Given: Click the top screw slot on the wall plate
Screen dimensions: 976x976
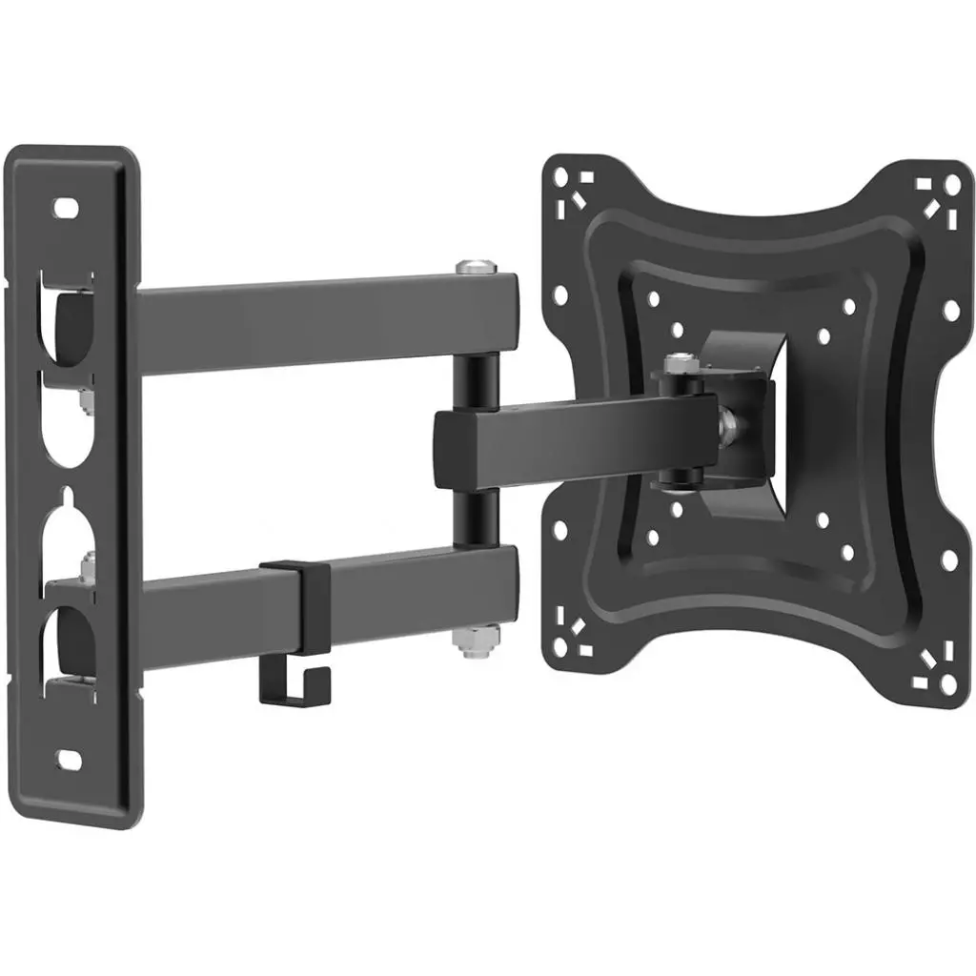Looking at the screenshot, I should [x=66, y=205].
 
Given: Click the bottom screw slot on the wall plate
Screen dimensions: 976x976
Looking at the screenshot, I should [x=70, y=759].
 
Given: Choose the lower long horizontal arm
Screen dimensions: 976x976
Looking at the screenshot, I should [x=400, y=587].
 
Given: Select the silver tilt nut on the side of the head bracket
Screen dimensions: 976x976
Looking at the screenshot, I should [x=728, y=418].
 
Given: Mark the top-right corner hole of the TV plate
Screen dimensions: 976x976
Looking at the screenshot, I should [x=950, y=184].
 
